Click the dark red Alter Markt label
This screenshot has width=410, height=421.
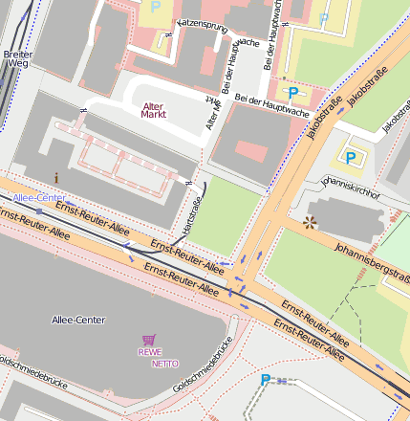(x=153, y=110)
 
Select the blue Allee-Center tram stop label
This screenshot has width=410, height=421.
(x=39, y=197)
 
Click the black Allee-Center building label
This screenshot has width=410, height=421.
(x=79, y=319)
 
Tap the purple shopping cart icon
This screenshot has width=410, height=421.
(x=148, y=340)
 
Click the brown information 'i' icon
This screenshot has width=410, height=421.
(x=56, y=177)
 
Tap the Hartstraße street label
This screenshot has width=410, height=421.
(x=192, y=214)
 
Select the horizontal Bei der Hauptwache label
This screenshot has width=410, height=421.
(x=271, y=105)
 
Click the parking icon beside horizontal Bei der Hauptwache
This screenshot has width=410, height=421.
(x=293, y=93)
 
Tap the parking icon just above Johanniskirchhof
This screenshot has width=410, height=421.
(x=351, y=157)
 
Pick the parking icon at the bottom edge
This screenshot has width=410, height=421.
(x=266, y=380)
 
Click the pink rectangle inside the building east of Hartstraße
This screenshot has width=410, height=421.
(x=251, y=151)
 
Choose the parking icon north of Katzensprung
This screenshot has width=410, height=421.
(x=156, y=7)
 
